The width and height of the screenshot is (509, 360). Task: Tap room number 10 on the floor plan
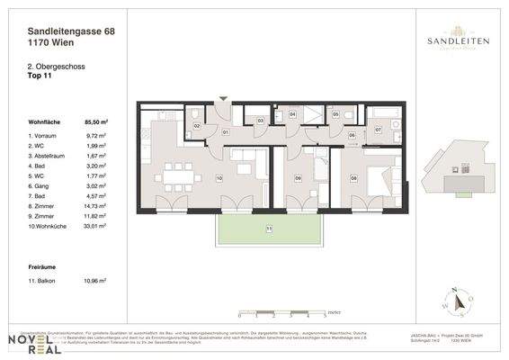click(219, 177)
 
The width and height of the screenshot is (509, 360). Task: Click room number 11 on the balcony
click(268, 229)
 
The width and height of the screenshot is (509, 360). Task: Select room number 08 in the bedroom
click(353, 178)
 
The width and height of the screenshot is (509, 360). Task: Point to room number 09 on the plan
click(298, 178)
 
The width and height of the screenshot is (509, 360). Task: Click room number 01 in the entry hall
click(227, 133)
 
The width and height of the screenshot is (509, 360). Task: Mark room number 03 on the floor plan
click(260, 120)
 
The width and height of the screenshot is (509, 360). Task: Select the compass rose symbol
click(453, 302)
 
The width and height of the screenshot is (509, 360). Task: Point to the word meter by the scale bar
click(335, 310)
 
